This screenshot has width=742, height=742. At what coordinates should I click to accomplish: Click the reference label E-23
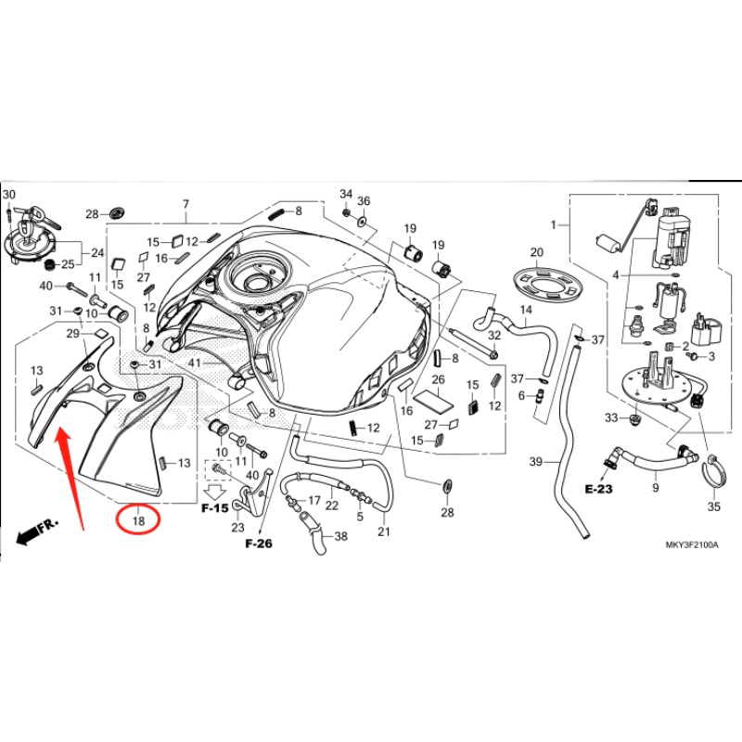[x=599, y=488]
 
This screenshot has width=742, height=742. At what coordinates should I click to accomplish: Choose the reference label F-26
[x=259, y=544]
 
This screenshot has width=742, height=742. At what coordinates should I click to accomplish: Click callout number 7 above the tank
[x=185, y=204]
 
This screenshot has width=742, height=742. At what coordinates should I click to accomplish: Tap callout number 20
[x=536, y=252]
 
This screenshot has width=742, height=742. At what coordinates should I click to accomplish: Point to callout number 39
[x=535, y=462]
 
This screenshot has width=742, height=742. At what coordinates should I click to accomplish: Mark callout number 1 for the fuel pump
[x=554, y=225]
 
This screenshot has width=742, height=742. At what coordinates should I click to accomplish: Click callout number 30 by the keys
[x=9, y=195]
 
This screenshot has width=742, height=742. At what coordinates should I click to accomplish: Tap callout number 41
[x=194, y=363]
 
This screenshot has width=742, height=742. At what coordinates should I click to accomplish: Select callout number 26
[x=439, y=379]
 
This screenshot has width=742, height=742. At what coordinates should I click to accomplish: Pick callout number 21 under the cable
[x=384, y=531]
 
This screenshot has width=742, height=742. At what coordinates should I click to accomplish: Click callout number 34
[x=346, y=194]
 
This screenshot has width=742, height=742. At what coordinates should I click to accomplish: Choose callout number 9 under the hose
[x=655, y=487]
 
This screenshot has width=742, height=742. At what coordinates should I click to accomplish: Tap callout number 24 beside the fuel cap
[x=96, y=252]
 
